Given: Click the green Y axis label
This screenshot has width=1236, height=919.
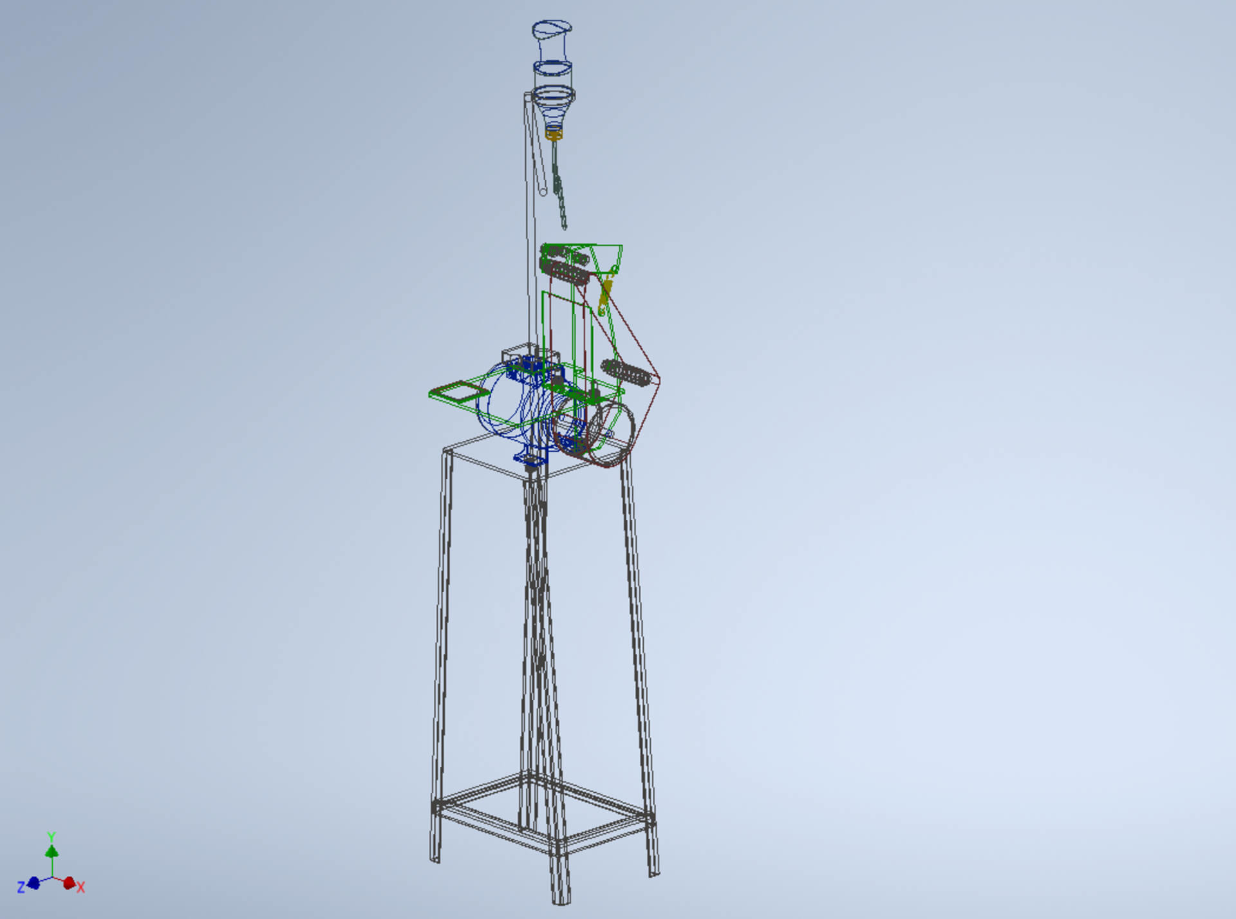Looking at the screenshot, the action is pos(51,837).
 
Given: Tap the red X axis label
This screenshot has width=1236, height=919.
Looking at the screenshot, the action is pos(80,887).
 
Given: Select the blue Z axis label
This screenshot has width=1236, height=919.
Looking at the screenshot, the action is pos(21,887).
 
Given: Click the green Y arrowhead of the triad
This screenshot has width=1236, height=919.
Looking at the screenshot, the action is pos(51,851).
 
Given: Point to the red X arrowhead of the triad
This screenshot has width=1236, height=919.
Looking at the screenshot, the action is pos(68,883).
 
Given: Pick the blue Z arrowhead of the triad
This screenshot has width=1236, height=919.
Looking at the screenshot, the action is pos(34,882).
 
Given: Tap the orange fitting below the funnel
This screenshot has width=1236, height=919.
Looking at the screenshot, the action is pos(554,134).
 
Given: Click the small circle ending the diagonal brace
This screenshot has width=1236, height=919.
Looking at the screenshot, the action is pos(543,191).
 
